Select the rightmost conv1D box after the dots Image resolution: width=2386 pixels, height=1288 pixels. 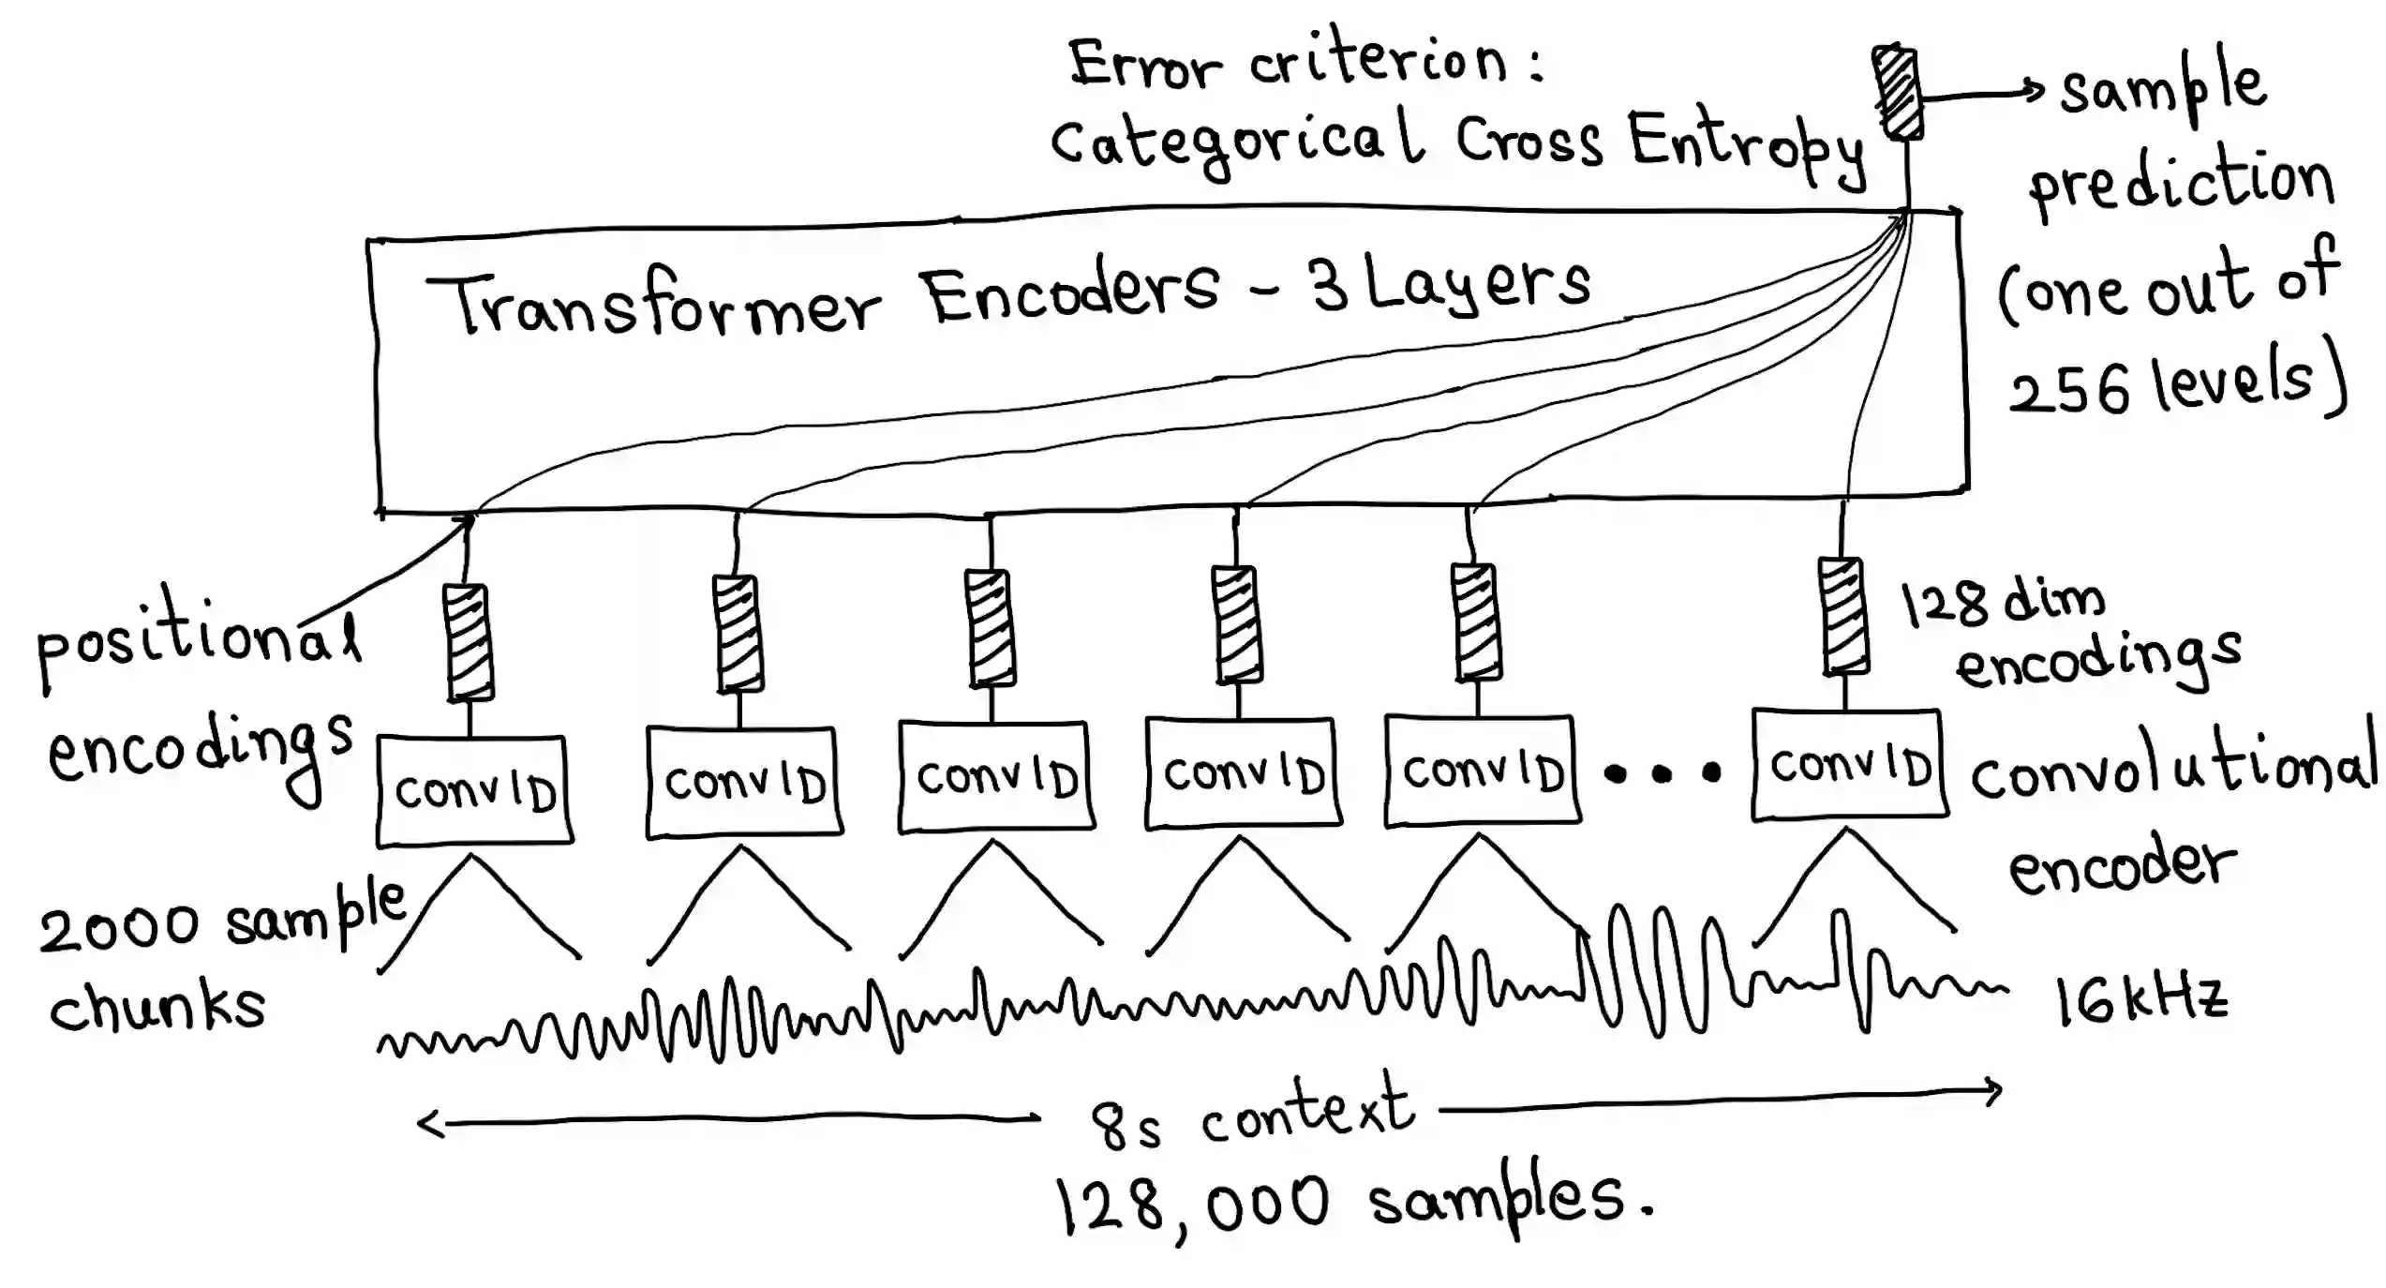click(1849, 765)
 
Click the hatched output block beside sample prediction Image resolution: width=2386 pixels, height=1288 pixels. click(1897, 93)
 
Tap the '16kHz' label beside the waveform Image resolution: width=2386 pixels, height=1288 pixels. click(2140, 1000)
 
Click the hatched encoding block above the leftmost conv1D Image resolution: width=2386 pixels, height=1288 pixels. click(469, 643)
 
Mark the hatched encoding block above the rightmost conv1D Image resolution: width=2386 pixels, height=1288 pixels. click(1844, 616)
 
